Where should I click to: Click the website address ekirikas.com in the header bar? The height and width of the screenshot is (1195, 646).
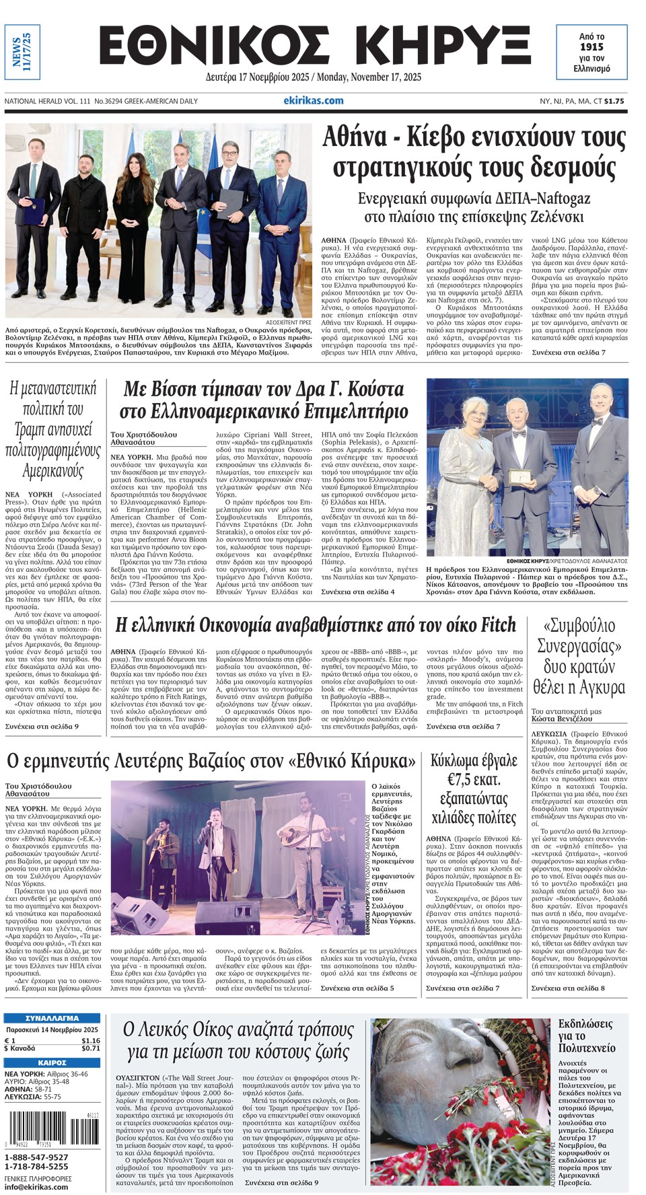coord(314,101)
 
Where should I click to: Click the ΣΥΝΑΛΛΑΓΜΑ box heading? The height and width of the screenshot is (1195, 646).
coord(52,1018)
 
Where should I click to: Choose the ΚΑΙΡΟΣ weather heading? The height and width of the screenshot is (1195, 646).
coord(52,1062)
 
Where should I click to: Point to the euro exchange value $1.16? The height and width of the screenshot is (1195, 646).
coord(91,1040)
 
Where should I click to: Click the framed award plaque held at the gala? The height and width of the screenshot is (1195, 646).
coord(519,477)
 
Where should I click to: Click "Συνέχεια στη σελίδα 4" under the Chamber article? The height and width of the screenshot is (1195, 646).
coord(357,591)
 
